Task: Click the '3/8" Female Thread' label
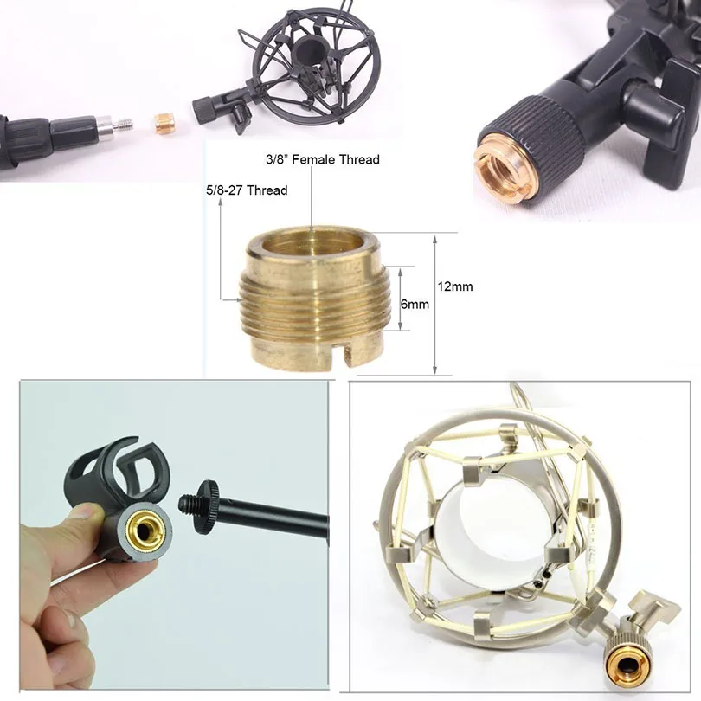click(322, 159)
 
